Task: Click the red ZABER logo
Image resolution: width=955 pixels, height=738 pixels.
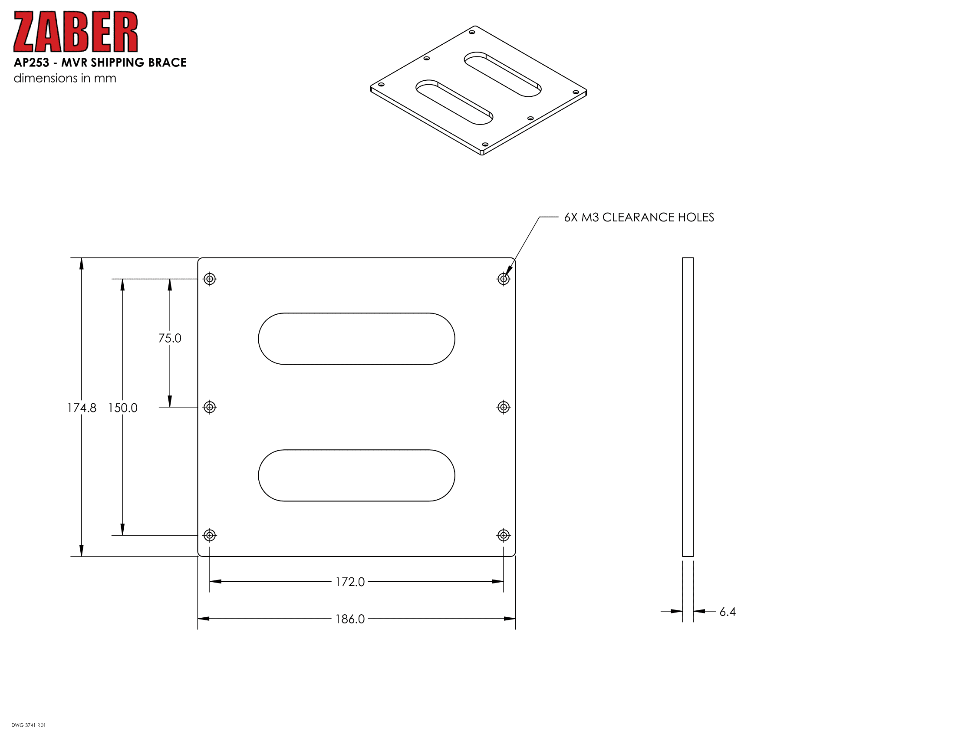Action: tap(76, 32)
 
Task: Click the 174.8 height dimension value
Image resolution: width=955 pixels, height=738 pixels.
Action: tap(82, 408)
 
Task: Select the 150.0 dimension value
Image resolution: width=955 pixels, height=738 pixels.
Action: tap(123, 408)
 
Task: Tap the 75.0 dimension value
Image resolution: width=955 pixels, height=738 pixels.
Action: tap(170, 338)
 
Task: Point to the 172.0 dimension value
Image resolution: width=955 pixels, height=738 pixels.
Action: tap(350, 582)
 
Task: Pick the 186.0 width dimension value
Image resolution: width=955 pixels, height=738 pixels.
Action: tap(350, 619)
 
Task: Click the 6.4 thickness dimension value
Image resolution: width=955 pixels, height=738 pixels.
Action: tap(728, 612)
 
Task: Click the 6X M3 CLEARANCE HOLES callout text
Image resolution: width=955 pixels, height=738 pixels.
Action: tap(639, 217)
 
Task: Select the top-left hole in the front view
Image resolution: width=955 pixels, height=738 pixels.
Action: tap(210, 279)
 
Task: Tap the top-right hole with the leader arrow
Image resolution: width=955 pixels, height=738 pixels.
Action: tap(504, 279)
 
